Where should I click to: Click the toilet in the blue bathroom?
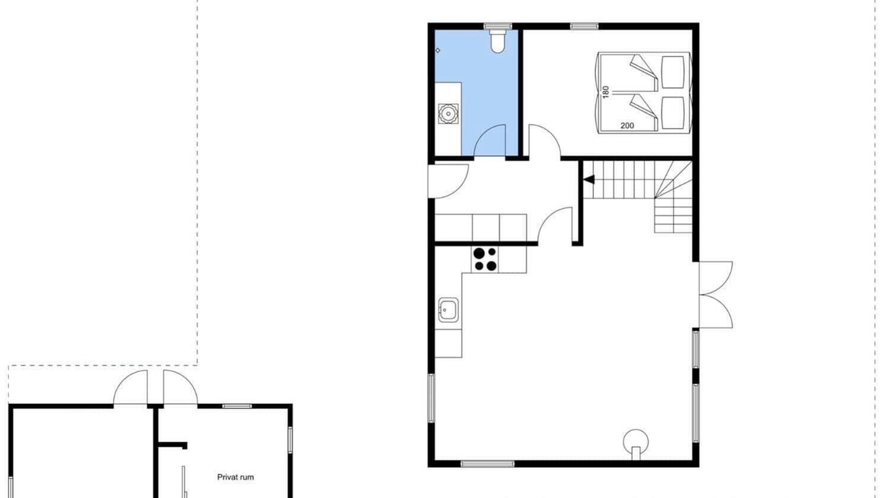tap(498, 41)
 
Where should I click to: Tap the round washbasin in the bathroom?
tap(448, 114)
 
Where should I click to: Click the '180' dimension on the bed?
tap(605, 92)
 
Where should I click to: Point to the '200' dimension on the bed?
tap(627, 126)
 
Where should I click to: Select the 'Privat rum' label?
tap(235, 477)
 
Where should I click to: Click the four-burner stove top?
tap(485, 259)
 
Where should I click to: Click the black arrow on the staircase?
tap(588, 180)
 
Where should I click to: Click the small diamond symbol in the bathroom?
tap(438, 50)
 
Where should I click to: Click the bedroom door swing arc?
tap(550, 133)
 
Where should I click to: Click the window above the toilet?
tap(498, 26)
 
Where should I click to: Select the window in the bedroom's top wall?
tap(584, 26)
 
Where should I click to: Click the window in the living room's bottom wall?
tap(487, 463)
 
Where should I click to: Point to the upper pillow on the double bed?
tap(673, 73)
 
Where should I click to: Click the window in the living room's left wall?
tap(431, 398)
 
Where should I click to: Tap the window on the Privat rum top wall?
tap(237, 406)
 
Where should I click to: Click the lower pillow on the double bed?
tap(673, 113)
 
